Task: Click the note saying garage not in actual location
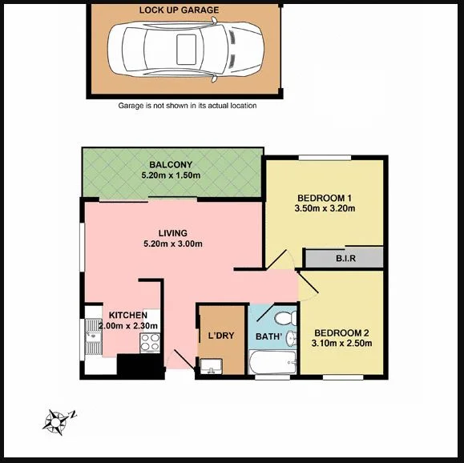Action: [x=188, y=105]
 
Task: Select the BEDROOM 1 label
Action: [x=325, y=198]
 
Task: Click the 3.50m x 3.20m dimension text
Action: [x=325, y=209]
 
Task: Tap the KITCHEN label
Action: [x=127, y=315]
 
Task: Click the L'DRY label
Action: [x=220, y=336]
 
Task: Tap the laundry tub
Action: [x=210, y=368]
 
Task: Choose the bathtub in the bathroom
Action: [x=273, y=364]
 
